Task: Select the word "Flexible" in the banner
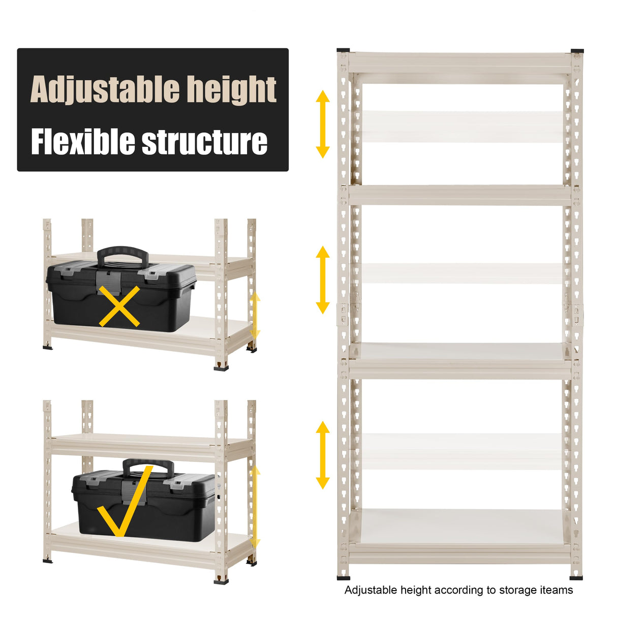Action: tap(83, 142)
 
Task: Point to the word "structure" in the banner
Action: tap(204, 142)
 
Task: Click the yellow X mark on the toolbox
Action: tap(119, 306)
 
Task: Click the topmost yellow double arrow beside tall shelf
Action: tap(323, 124)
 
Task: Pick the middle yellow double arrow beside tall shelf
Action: tap(323, 280)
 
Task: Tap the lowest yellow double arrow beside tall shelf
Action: tap(323, 455)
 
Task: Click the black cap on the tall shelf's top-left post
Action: tap(344, 50)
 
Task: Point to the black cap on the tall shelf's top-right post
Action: tap(576, 50)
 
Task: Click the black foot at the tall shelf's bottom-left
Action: tap(344, 577)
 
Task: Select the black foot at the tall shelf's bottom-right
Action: tap(576, 577)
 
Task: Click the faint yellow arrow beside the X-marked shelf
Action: tap(255, 316)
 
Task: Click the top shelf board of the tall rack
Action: tap(460, 62)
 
